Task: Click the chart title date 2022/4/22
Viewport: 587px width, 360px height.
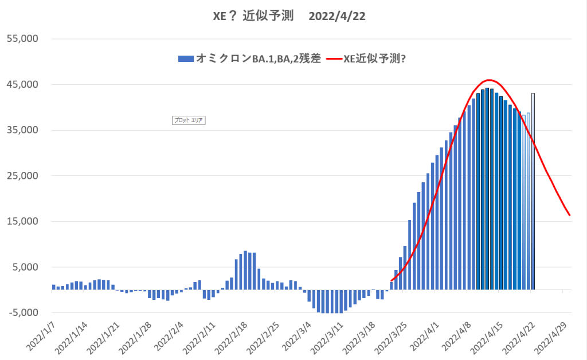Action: [336, 16]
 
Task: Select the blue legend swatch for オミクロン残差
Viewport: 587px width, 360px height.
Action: [186, 58]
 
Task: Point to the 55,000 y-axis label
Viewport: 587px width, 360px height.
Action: [22, 39]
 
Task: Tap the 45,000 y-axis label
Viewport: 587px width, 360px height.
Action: [22, 85]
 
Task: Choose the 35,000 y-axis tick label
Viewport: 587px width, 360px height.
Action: [22, 130]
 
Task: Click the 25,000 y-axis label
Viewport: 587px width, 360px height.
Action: [22, 176]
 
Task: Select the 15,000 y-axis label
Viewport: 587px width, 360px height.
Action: [22, 222]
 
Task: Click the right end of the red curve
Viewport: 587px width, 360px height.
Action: [570, 216]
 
